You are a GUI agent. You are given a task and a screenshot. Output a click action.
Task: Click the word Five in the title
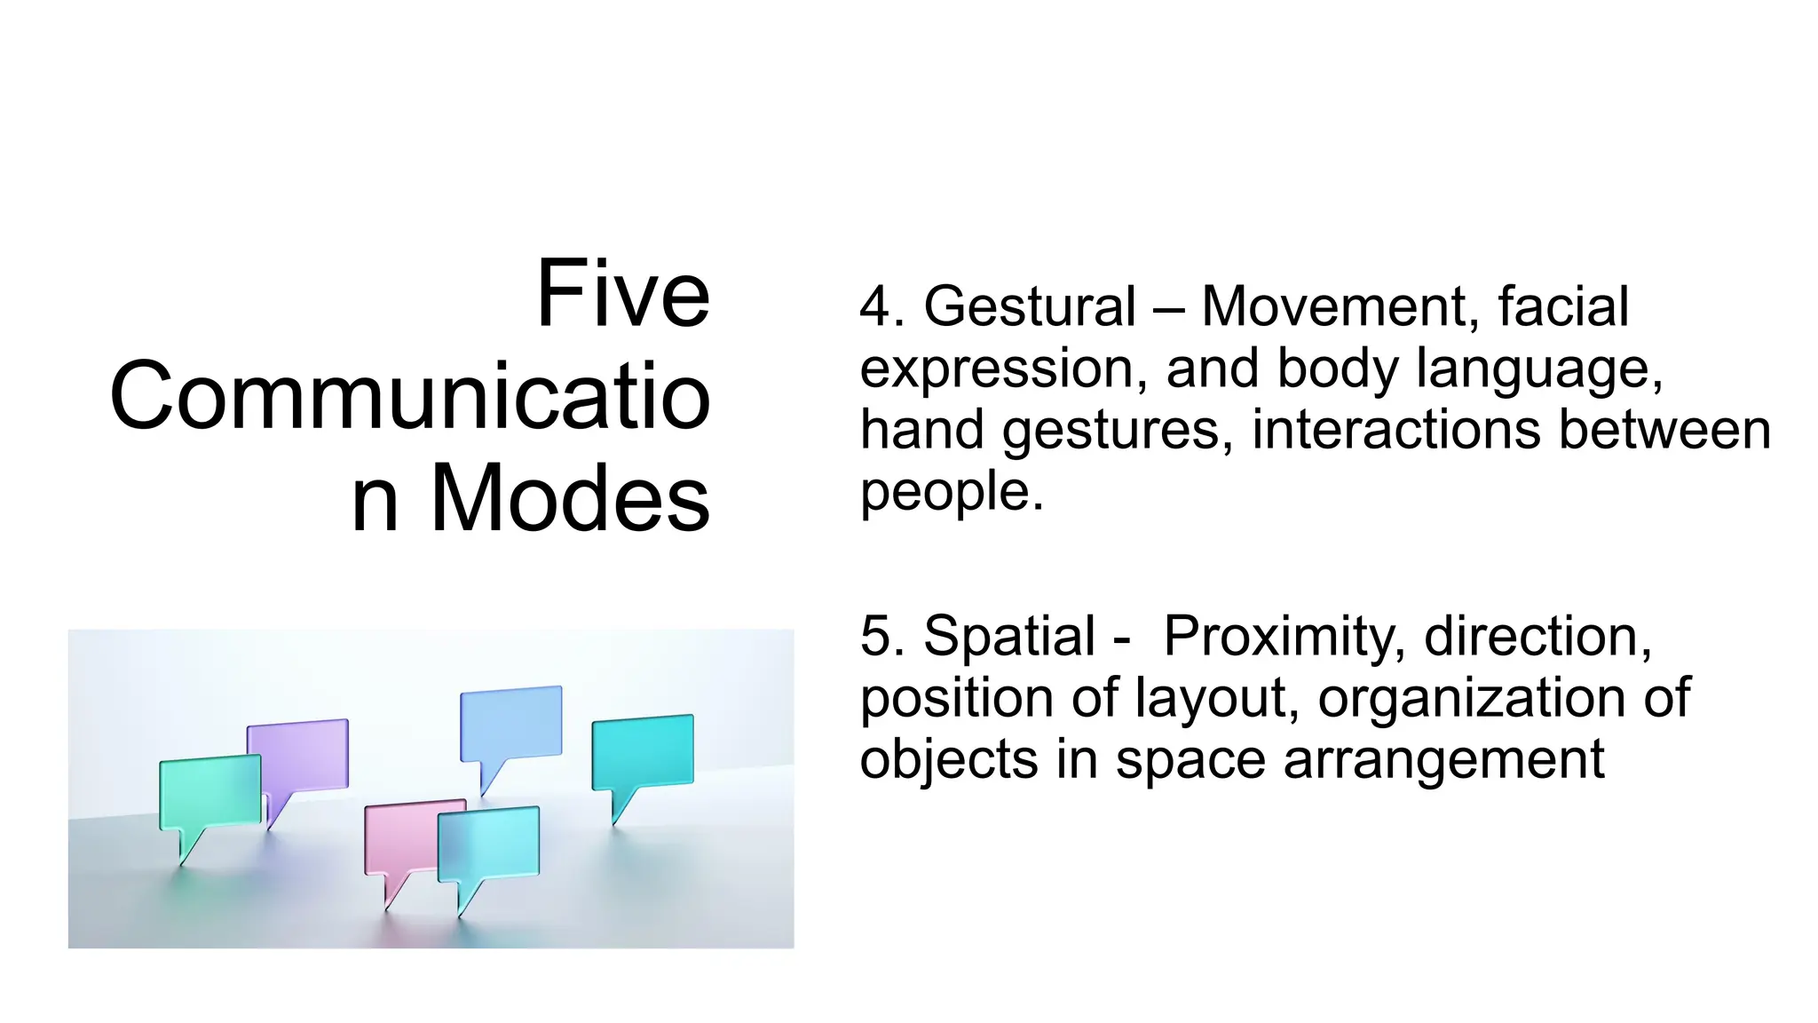click(622, 294)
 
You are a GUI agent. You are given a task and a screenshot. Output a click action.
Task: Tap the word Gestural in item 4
click(1030, 307)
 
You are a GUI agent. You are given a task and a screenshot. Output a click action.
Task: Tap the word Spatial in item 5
click(1009, 637)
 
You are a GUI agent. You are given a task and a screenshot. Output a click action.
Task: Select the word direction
click(1537, 637)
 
